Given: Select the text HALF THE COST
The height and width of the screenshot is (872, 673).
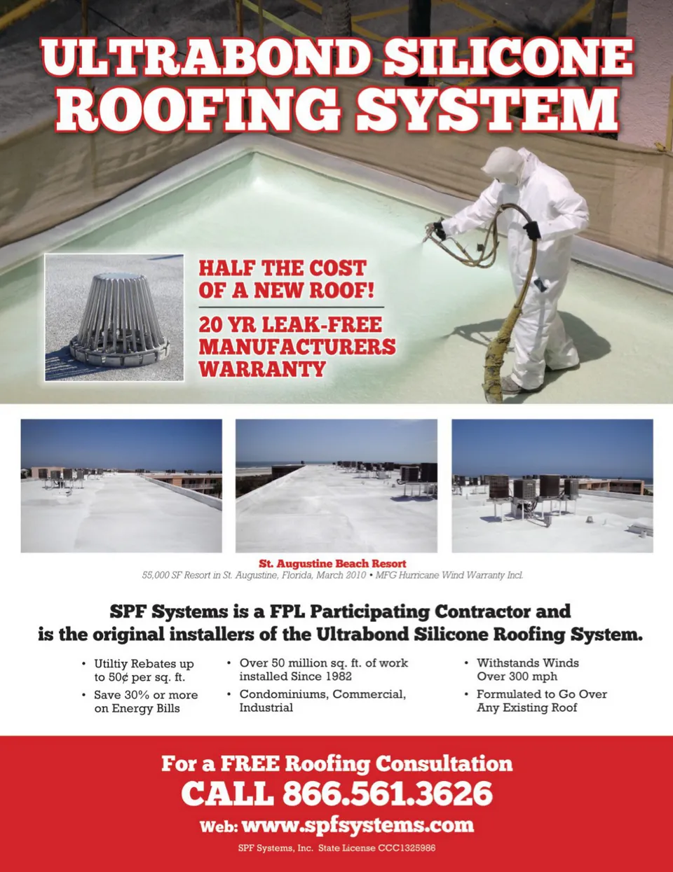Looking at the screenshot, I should pos(282,268).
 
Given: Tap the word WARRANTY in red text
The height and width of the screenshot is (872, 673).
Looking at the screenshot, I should pos(261,369).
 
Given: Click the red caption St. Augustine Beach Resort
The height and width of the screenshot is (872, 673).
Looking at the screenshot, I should pos(332,563).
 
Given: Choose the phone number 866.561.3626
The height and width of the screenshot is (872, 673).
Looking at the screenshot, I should pos(388,794).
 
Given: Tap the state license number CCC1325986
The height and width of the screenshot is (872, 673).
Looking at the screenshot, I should pos(407,848).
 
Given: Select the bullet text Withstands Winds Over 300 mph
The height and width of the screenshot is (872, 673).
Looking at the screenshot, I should pos(527,670).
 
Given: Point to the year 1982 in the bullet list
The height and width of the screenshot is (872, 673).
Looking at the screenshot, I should pos(338,677).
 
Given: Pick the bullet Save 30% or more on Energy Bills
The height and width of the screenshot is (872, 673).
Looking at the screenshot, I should pos(145,702).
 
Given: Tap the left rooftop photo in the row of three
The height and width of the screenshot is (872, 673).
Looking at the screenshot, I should pos(121,485).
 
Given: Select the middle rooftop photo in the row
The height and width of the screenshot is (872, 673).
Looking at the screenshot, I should pos(336,485).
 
